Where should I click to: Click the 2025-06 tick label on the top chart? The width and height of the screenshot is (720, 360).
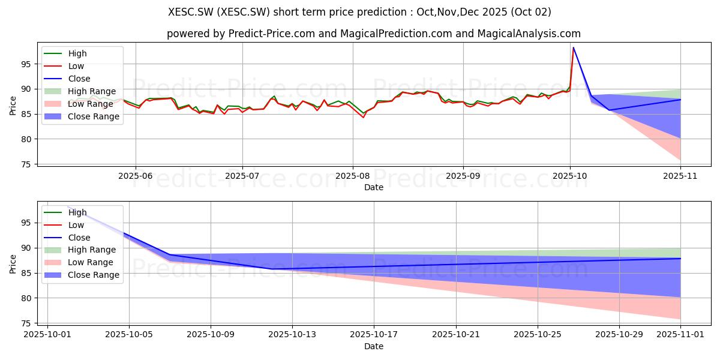pos(136,176)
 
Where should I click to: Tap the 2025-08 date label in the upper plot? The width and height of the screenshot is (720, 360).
pos(353,176)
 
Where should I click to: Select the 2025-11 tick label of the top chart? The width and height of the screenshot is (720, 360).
pos(680,176)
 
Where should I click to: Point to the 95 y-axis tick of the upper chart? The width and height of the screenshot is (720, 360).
pos(26,64)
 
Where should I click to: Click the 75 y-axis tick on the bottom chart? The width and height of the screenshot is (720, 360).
pos(26,323)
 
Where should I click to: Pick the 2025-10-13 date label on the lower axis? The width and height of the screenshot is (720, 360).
pos(292,335)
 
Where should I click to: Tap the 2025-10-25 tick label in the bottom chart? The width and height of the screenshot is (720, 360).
pos(538,335)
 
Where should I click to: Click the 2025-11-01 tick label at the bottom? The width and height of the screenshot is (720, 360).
pos(680,335)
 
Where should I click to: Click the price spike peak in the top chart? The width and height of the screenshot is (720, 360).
pos(574,47)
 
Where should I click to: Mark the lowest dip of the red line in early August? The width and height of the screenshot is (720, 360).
pos(363,118)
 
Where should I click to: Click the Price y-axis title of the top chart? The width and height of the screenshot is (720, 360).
pos(13,106)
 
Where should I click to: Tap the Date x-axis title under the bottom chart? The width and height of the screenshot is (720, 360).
pos(373,346)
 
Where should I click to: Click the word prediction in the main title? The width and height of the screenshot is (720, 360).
pos(386,12)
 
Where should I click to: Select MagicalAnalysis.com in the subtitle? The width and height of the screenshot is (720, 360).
pos(529,34)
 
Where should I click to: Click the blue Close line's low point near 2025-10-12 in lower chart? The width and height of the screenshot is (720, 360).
pos(272,269)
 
